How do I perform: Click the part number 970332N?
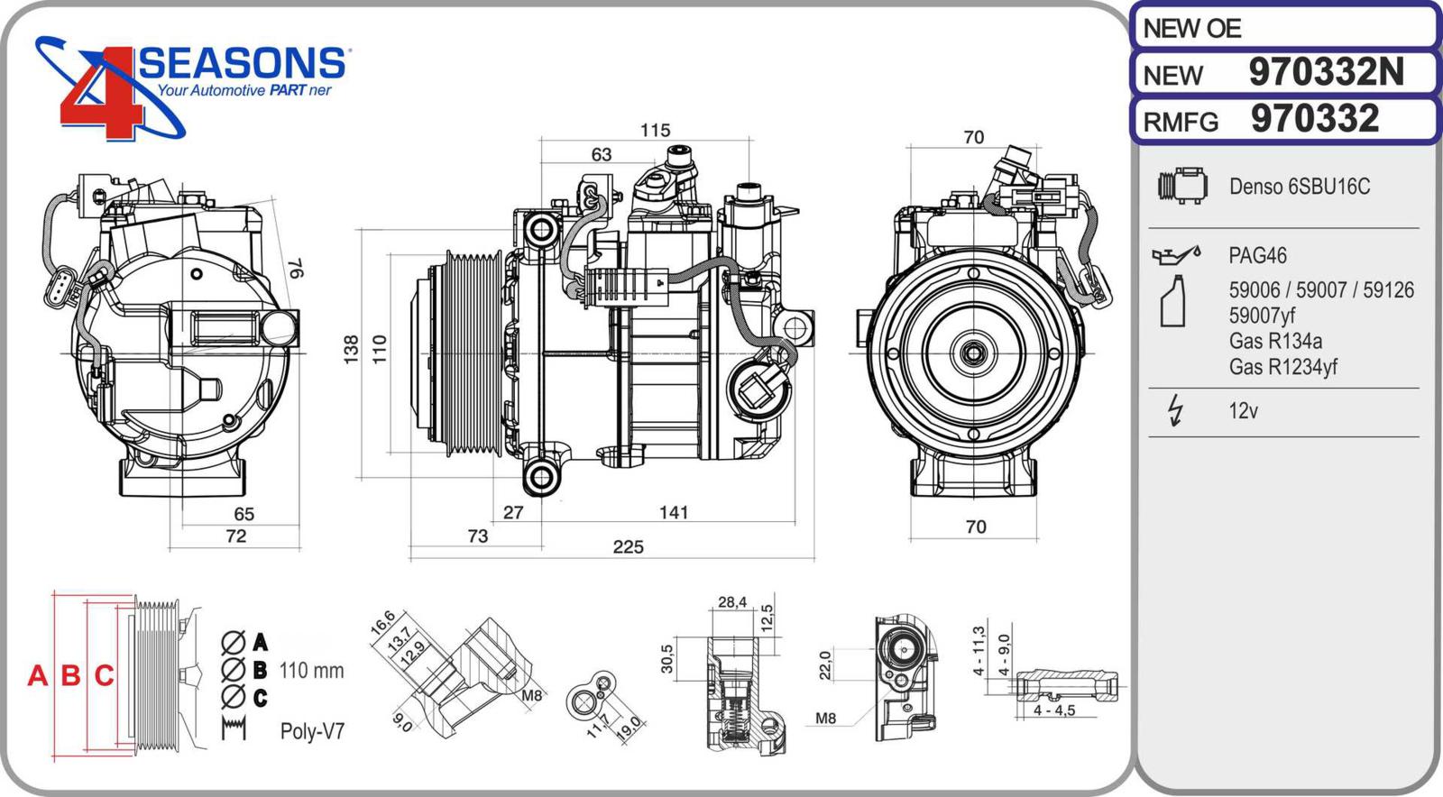click(x=1326, y=72)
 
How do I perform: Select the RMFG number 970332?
click(x=1315, y=119)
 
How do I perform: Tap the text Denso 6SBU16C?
click(x=1299, y=187)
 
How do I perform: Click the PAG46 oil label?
click(x=1257, y=255)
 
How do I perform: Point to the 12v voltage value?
click(x=1243, y=411)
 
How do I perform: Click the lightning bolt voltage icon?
click(x=1174, y=410)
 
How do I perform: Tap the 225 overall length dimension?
click(x=628, y=547)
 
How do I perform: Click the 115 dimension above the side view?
click(x=655, y=131)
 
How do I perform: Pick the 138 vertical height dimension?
click(x=351, y=349)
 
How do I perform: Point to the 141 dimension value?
click(x=674, y=513)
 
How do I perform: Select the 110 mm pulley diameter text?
click(x=311, y=671)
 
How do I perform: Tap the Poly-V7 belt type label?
click(x=312, y=731)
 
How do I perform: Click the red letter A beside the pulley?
click(x=37, y=675)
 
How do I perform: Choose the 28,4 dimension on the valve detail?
click(x=731, y=602)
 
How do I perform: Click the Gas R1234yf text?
click(x=1282, y=367)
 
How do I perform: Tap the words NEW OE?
click(x=1191, y=29)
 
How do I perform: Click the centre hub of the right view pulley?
click(x=972, y=353)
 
